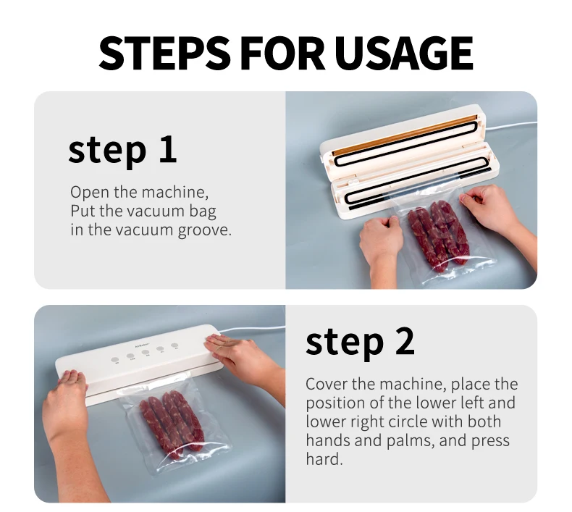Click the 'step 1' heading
point(122,148)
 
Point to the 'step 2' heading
point(360,342)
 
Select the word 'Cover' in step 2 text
point(325,384)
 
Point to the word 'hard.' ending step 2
point(323,459)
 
